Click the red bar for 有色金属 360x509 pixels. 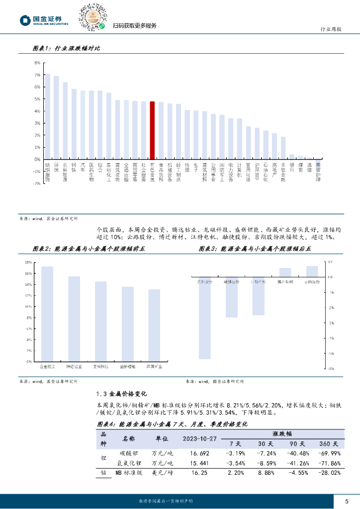coord(152,130)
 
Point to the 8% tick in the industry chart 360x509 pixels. coord(37,63)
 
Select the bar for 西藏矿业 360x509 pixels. coord(154,326)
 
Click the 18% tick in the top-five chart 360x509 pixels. coord(29,262)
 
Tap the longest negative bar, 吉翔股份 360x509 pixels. coord(204,318)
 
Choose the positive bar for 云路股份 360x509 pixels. coord(312,271)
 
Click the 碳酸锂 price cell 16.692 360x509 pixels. coord(200,453)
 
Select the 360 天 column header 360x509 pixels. coord(329,443)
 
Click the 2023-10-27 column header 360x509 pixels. coord(200,438)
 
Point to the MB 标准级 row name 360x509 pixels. coord(129,473)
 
